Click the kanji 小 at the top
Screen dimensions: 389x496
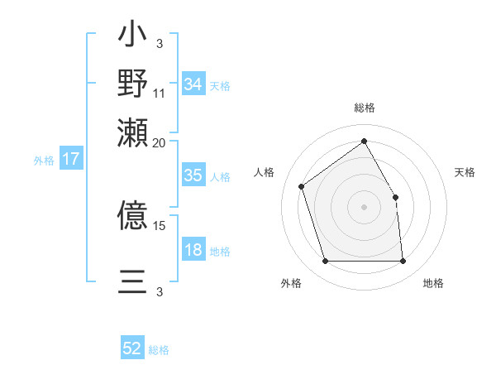(132, 38)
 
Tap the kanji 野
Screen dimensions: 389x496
(132, 83)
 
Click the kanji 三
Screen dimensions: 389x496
(132, 281)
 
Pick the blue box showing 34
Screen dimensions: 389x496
(193, 84)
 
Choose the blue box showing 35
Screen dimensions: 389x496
(193, 175)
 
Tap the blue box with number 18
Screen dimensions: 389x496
(193, 250)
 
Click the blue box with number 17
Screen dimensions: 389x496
(71, 159)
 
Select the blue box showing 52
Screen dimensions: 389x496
(132, 348)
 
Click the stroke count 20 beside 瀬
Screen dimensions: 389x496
(160, 142)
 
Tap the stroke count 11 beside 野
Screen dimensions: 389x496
(160, 93)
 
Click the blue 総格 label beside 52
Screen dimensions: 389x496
(159, 350)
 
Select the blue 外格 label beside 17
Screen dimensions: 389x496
(44, 161)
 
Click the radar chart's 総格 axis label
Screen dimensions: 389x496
(364, 108)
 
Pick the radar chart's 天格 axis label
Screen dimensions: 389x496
(465, 172)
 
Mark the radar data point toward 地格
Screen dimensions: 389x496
(403, 262)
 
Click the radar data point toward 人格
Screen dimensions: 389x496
(302, 185)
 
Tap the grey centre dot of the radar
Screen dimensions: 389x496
(364, 206)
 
